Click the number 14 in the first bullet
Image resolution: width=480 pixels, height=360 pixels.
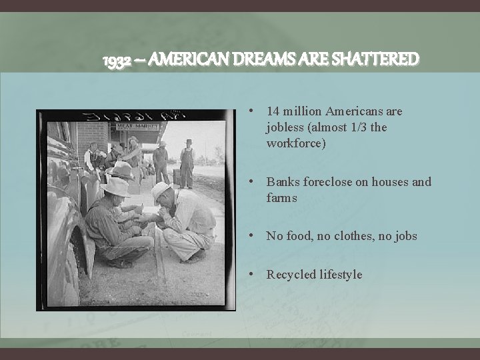click(273, 111)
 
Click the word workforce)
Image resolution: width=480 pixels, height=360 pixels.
click(296, 143)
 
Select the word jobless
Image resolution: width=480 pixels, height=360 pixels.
click(285, 127)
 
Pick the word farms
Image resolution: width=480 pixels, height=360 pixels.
click(282, 197)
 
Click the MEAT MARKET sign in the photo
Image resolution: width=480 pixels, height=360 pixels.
click(139, 125)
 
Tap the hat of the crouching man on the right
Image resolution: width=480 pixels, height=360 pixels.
click(161, 190)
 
